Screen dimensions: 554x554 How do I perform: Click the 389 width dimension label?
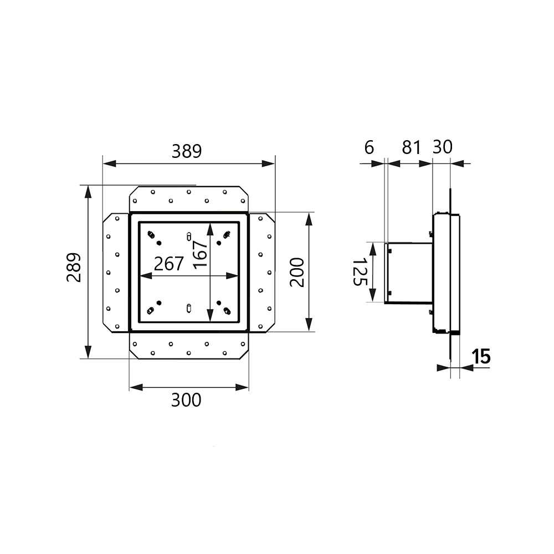pyautogui.click(x=187, y=151)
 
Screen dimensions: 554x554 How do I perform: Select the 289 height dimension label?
pyautogui.click(x=74, y=267)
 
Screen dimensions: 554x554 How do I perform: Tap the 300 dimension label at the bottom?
pyautogui.click(x=186, y=400)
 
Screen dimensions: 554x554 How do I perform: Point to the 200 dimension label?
pyautogui.click(x=297, y=273)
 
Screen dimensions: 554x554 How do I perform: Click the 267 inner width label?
pyautogui.click(x=169, y=264)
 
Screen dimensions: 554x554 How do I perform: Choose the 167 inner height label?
pyautogui.click(x=200, y=254)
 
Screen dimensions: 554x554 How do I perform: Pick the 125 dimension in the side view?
pyautogui.click(x=361, y=271)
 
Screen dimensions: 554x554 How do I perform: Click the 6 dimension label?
pyautogui.click(x=369, y=147)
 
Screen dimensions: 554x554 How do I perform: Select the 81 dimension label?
pyautogui.click(x=412, y=147)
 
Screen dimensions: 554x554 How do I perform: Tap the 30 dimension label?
pyautogui.click(x=442, y=147)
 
